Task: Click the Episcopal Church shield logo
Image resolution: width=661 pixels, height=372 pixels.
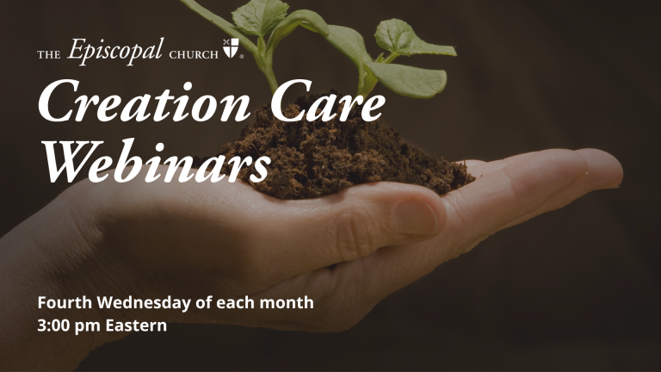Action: click(231, 47)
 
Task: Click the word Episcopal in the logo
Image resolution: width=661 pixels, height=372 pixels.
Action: click(114, 51)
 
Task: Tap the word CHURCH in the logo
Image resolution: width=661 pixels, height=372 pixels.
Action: click(194, 54)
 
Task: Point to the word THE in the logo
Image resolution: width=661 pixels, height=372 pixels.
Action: click(49, 54)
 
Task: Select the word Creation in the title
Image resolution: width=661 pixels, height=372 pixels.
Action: click(145, 102)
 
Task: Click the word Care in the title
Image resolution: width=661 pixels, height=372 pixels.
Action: click(328, 102)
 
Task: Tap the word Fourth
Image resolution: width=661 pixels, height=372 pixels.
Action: click(65, 302)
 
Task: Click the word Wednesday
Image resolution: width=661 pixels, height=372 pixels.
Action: click(145, 303)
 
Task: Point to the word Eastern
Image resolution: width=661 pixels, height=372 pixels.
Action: click(136, 325)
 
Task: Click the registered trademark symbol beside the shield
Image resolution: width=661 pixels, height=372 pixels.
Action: click(242, 57)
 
